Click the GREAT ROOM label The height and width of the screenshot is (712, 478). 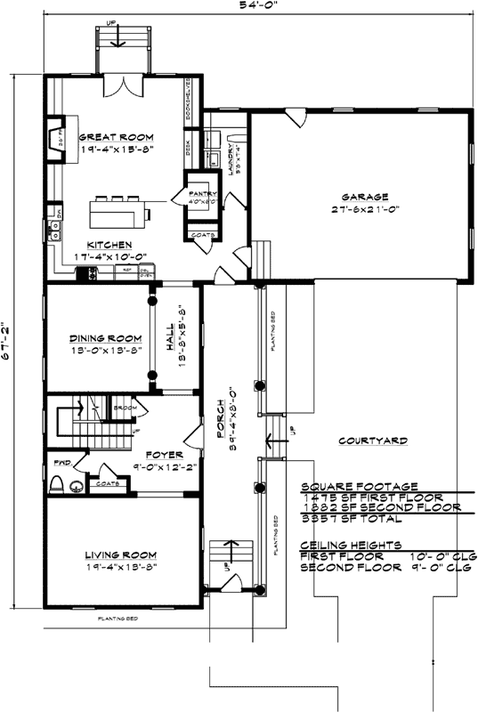coord(116,138)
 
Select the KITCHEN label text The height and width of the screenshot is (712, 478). coord(109,245)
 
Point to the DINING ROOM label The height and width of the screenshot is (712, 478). coord(106,338)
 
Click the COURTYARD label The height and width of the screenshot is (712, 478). coord(374,441)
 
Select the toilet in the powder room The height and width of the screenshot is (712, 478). coord(57,484)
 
